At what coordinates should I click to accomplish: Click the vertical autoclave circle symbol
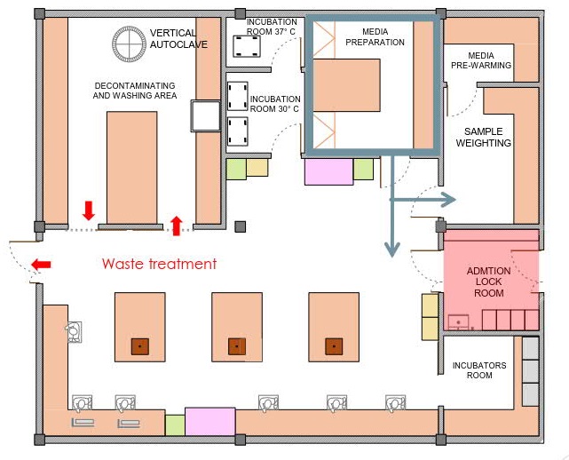click(x=129, y=44)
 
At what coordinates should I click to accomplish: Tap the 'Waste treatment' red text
click(x=159, y=264)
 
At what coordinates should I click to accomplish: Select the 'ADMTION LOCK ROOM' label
click(x=488, y=282)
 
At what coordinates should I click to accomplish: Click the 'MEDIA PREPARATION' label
click(x=375, y=37)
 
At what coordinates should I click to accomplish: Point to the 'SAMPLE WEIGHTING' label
click(x=484, y=138)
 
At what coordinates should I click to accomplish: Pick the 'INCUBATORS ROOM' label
click(x=479, y=370)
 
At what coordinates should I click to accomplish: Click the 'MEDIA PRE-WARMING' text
click(x=481, y=60)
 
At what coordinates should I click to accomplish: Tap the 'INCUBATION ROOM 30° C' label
click(x=275, y=104)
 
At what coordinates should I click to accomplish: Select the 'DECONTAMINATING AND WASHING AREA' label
click(x=135, y=91)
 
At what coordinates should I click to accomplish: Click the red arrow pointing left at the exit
click(x=41, y=265)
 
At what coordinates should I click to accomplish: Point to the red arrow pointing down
click(x=89, y=210)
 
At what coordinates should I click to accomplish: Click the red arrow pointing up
click(x=177, y=226)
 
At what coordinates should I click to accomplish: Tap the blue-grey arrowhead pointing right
click(x=448, y=199)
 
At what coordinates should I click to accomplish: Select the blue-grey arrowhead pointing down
click(x=392, y=250)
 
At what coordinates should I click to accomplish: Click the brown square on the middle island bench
click(x=237, y=346)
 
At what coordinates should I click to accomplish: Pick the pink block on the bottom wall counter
click(x=210, y=422)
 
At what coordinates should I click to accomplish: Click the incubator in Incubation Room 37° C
click(x=247, y=46)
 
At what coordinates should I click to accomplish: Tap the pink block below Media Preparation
click(x=328, y=171)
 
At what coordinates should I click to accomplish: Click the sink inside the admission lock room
click(x=458, y=322)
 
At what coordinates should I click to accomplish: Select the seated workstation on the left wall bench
click(x=74, y=332)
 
